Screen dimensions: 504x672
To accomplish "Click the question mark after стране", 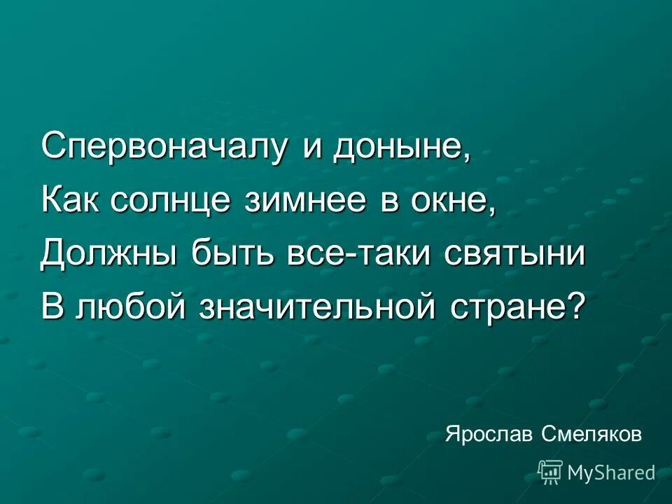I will pos(574,307).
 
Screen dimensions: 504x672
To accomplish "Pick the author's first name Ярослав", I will pos(489,435).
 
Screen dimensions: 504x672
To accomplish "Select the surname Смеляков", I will pos(591,435).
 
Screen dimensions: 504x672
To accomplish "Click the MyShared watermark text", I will pos(611,473).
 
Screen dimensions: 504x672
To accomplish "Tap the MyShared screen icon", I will pos(550,472).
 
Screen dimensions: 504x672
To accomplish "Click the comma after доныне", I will pos(465,155).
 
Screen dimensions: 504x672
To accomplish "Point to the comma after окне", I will pos(492,209).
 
